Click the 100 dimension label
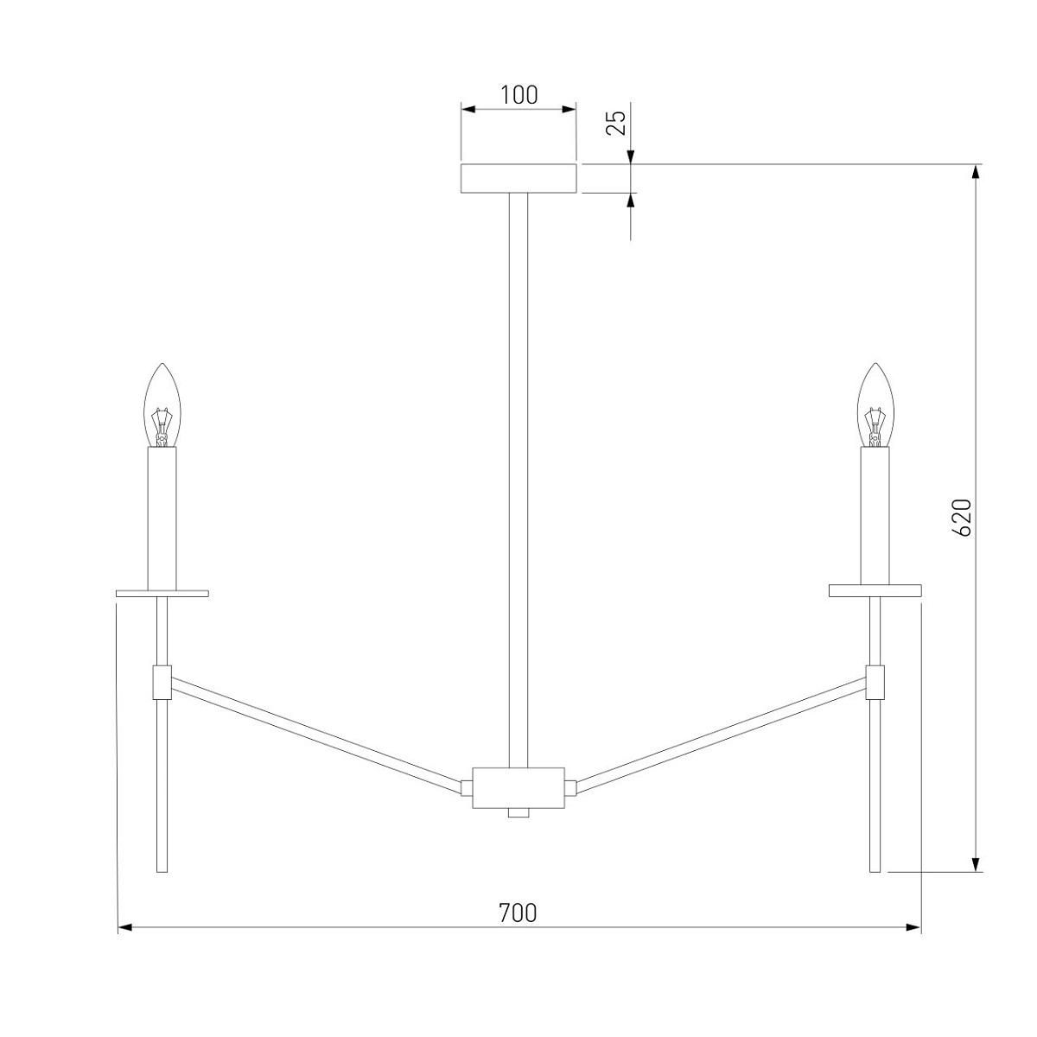point(518,95)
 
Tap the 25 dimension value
point(616,123)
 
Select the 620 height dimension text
point(962,517)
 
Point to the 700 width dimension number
point(518,913)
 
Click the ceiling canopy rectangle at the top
point(518,178)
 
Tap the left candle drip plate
point(162,594)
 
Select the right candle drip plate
point(875,591)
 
